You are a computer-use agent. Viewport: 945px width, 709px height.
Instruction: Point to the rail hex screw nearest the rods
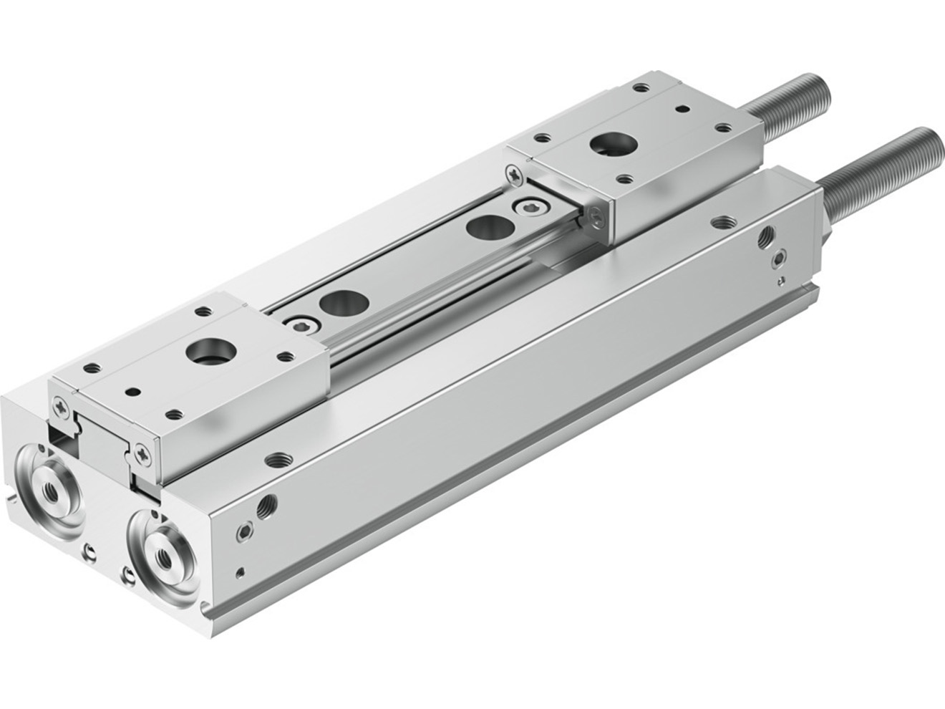coord(530,208)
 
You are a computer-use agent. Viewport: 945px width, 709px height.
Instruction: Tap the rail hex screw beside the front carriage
coord(301,323)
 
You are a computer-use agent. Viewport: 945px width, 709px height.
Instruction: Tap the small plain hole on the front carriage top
coord(133,392)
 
